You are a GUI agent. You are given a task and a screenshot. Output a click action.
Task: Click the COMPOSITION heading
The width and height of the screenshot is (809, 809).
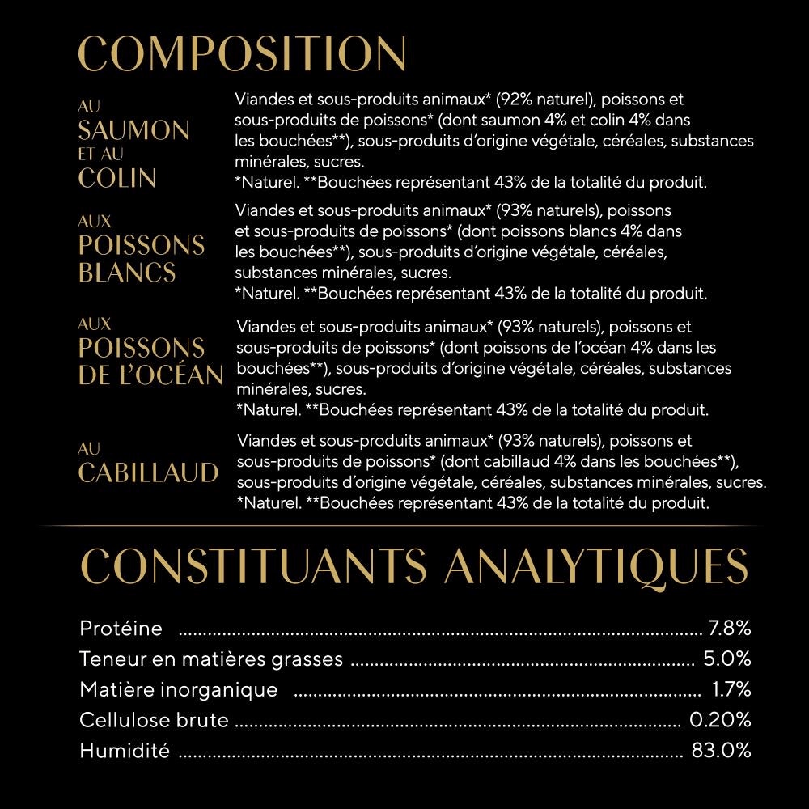(242, 54)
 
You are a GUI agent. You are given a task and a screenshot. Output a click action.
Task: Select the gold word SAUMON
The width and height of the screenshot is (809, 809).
(133, 130)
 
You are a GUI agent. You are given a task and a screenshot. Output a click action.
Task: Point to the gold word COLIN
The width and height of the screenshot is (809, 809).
(116, 178)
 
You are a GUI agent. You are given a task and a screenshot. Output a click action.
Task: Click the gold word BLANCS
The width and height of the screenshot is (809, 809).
(127, 272)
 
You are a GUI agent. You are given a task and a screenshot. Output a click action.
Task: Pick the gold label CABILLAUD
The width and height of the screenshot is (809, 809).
(148, 472)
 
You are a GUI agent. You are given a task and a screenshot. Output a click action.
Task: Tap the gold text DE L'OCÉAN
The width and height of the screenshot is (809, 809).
(150, 375)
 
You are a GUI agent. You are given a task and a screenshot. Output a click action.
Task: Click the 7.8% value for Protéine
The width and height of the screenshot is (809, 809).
(730, 628)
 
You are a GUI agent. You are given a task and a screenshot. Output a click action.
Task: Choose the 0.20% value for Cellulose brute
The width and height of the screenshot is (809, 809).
(720, 720)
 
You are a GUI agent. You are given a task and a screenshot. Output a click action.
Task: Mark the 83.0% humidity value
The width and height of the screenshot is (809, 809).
(721, 751)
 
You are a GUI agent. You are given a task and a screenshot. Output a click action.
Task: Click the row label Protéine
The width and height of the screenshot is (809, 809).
(121, 628)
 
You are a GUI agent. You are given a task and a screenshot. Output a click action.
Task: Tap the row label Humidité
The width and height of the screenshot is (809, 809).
(125, 751)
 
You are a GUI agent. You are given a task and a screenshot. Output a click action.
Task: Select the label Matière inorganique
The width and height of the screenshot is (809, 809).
(179, 689)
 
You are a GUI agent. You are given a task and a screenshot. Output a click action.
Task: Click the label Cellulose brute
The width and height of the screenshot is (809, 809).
(155, 720)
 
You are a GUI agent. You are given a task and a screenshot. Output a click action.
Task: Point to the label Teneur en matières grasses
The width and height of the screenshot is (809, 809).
(211, 659)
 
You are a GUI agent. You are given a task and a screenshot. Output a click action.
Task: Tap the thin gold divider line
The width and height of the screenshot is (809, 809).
(404, 526)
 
